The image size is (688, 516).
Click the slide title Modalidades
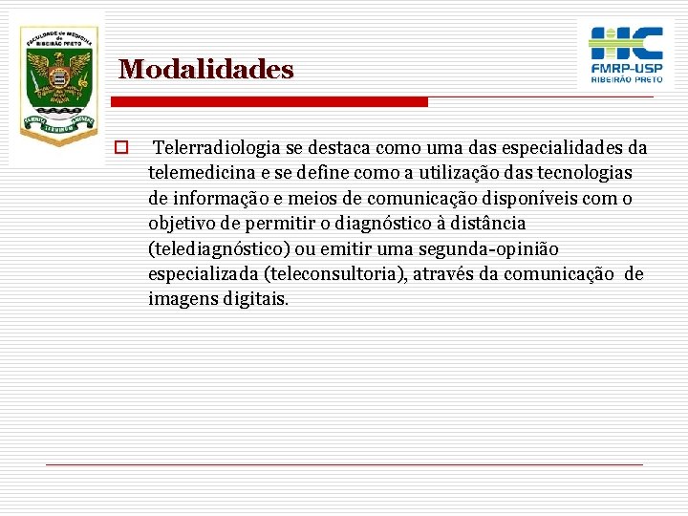coord(206,70)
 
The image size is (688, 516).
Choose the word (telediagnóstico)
coord(221,249)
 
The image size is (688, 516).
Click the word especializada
coord(203,274)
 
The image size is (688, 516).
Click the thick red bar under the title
coord(271,102)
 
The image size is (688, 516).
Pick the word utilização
coord(441,174)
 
